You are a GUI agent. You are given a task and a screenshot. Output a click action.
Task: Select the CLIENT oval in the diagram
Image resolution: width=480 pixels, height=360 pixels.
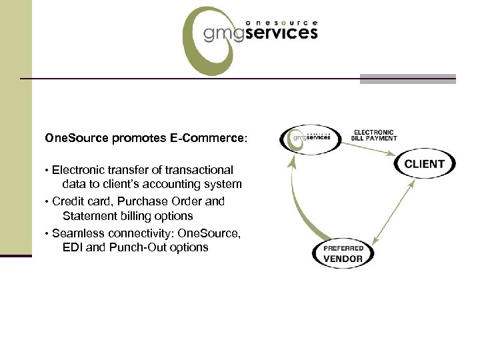[x=424, y=164]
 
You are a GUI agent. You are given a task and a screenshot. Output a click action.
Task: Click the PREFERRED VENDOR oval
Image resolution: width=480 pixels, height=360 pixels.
[x=343, y=253]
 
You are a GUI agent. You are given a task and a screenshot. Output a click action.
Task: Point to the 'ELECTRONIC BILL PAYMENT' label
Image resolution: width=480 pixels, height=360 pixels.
[x=373, y=135]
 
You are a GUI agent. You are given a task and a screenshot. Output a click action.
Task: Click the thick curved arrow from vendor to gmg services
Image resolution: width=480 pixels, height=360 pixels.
[x=297, y=200]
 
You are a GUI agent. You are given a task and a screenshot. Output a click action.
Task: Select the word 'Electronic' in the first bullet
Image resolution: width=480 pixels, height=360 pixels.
[x=76, y=170]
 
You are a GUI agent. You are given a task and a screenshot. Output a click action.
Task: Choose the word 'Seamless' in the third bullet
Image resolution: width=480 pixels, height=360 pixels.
[x=74, y=232]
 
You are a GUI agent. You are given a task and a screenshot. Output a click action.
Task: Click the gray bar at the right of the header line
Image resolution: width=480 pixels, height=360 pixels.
[x=407, y=79]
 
